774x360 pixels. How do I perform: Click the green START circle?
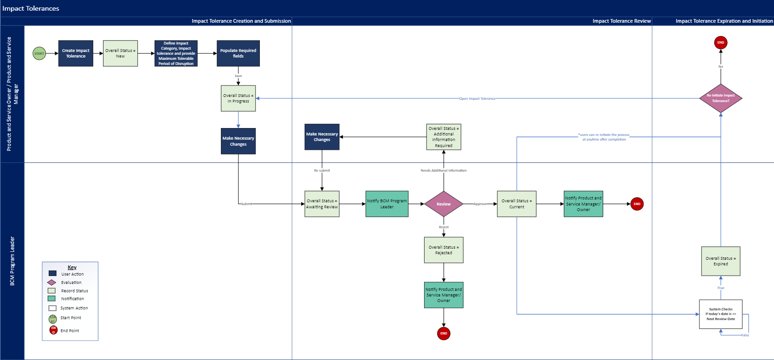[39, 53]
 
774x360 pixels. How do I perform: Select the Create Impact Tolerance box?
[76, 53]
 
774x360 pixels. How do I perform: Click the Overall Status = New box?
[120, 53]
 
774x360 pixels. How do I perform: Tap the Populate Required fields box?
[238, 53]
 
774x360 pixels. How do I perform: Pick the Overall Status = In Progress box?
[238, 98]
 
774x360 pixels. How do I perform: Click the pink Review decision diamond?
[444, 204]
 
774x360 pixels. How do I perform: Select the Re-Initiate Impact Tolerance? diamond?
[721, 98]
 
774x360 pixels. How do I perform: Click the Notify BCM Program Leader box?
[387, 204]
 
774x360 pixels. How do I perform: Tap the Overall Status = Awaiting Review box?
[322, 204]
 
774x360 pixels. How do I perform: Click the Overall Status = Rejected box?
[444, 250]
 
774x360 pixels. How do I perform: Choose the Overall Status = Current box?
[516, 204]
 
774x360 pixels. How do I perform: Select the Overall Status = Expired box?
[721, 261]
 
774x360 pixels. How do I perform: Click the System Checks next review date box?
[721, 314]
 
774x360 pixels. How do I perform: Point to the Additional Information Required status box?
[444, 137]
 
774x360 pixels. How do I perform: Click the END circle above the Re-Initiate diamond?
[721, 43]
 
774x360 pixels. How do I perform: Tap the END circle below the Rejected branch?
[444, 334]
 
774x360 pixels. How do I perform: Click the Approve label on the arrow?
[480, 204]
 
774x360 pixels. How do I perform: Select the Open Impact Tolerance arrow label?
[477, 98]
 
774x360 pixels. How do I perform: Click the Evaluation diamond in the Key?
[52, 283]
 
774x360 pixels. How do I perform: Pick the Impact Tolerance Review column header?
[621, 21]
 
